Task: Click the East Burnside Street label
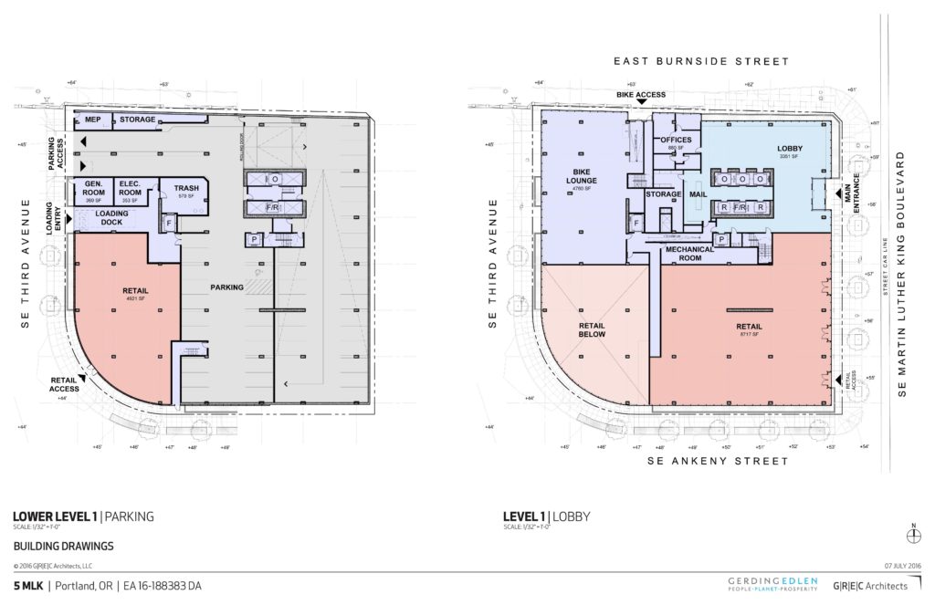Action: click(x=700, y=62)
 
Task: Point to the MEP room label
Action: click(x=92, y=120)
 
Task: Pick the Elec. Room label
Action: click(x=131, y=187)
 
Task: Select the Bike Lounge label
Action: click(x=584, y=177)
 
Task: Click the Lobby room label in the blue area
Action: click(x=790, y=148)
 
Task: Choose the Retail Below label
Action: click(x=594, y=329)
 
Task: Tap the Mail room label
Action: click(x=699, y=194)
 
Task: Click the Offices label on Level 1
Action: click(x=676, y=141)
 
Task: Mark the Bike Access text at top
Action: click(x=642, y=94)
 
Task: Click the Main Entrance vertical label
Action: click(x=856, y=193)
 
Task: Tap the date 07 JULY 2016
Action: click(x=904, y=566)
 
